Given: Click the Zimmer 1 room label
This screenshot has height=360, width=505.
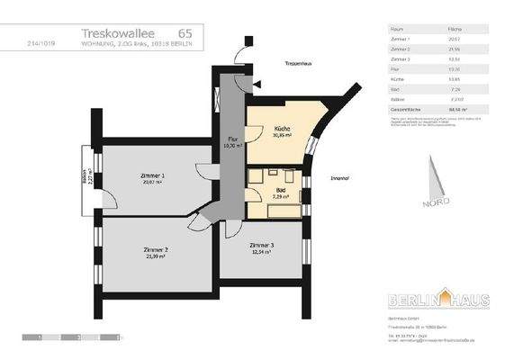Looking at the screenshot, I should [x=153, y=175].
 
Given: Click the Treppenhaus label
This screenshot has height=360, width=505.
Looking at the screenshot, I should [x=299, y=64].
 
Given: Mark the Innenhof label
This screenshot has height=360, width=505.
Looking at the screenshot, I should [x=339, y=178].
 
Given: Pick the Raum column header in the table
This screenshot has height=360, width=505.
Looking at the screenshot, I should [x=395, y=29].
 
